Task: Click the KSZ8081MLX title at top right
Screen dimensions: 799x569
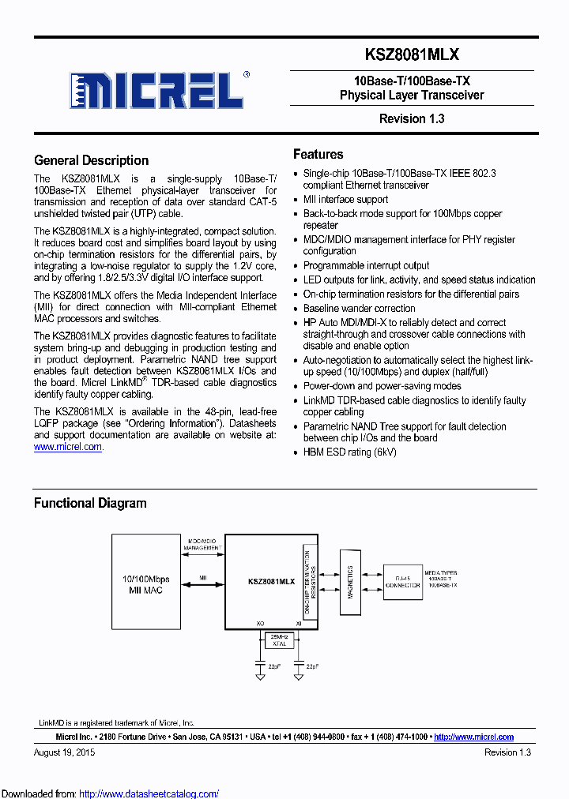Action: tap(412, 54)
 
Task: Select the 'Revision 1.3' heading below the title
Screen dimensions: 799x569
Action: tap(412, 119)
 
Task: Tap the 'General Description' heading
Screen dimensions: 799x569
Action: tap(91, 160)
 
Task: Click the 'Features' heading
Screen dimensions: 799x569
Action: tap(318, 154)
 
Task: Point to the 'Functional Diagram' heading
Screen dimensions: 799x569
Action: tap(89, 503)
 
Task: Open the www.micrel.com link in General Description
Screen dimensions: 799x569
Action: tap(68, 447)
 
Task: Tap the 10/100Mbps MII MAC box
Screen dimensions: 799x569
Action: tap(146, 583)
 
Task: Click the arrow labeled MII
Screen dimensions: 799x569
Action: tap(203, 585)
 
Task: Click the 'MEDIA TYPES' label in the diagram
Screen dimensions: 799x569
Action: tap(440, 573)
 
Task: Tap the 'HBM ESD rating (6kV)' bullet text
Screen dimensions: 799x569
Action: tap(349, 452)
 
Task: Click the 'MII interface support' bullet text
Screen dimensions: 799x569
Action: tap(345, 200)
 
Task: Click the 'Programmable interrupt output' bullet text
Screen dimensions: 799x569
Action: tap(366, 265)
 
